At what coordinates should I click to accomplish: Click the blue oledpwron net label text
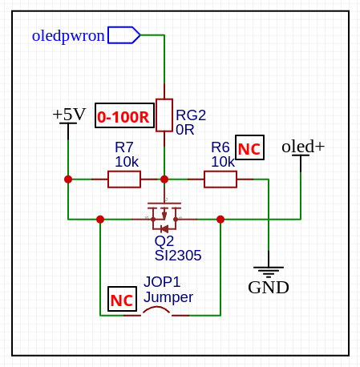tap(68, 36)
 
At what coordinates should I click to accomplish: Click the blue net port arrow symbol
tap(124, 34)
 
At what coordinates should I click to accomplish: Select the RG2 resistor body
tap(164, 115)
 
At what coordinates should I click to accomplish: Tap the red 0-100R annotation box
tap(124, 115)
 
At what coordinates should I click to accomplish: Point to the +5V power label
tap(69, 114)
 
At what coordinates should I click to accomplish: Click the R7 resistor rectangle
tap(124, 179)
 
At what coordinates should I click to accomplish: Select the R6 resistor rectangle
tap(220, 179)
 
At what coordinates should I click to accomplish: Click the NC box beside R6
tap(249, 147)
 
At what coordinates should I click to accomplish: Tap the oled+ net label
tap(303, 147)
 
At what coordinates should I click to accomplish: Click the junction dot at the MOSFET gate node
tap(164, 179)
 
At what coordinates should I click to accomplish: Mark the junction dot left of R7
tap(68, 179)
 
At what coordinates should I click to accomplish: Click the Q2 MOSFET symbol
tap(164, 216)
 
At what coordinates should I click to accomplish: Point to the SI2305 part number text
tap(178, 256)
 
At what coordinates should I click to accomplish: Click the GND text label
tap(269, 288)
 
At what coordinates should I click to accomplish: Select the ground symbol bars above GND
tap(269, 272)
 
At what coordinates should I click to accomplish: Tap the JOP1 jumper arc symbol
tap(156, 309)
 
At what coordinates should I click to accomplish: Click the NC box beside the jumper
tap(122, 299)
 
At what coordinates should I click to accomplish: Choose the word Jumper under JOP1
tap(168, 297)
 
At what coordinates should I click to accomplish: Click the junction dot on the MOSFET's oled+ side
tap(220, 220)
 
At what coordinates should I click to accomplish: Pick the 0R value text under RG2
tap(185, 130)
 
